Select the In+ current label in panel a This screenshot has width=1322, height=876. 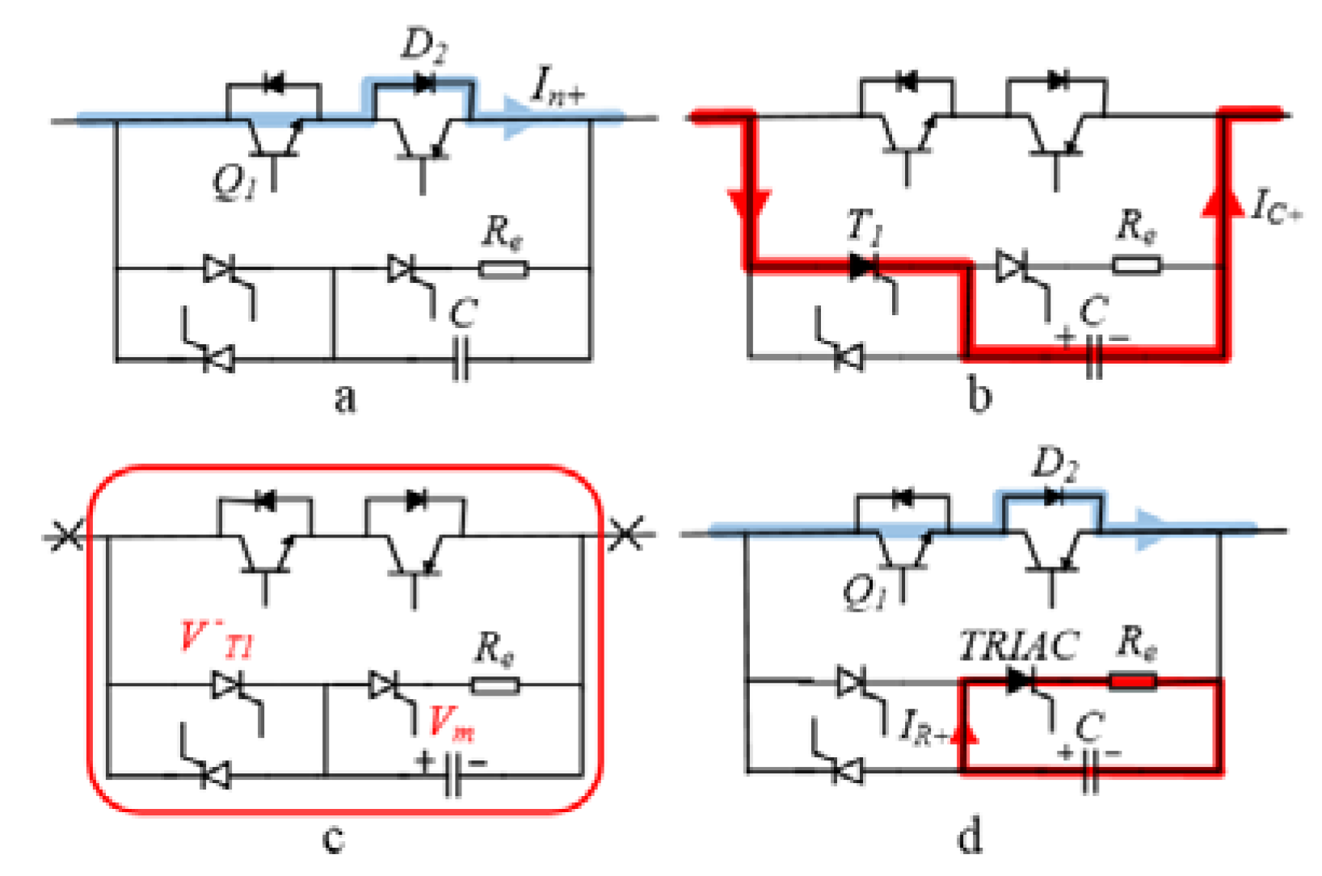pyautogui.click(x=558, y=86)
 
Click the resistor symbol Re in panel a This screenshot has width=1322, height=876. pyautogui.click(x=503, y=268)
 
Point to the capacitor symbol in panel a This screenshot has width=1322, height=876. pyautogui.click(x=460, y=360)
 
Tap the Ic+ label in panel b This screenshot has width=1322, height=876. pyautogui.click(x=1276, y=206)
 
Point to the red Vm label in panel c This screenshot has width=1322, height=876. pyautogui.click(x=450, y=722)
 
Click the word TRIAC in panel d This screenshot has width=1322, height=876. pyautogui.click(x=1018, y=646)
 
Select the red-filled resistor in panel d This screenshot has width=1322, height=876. pyautogui.click(x=1133, y=681)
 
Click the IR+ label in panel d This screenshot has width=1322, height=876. pyautogui.click(x=925, y=726)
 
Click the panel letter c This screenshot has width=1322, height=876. pyautogui.click(x=333, y=838)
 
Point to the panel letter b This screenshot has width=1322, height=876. pyautogui.click(x=979, y=396)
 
